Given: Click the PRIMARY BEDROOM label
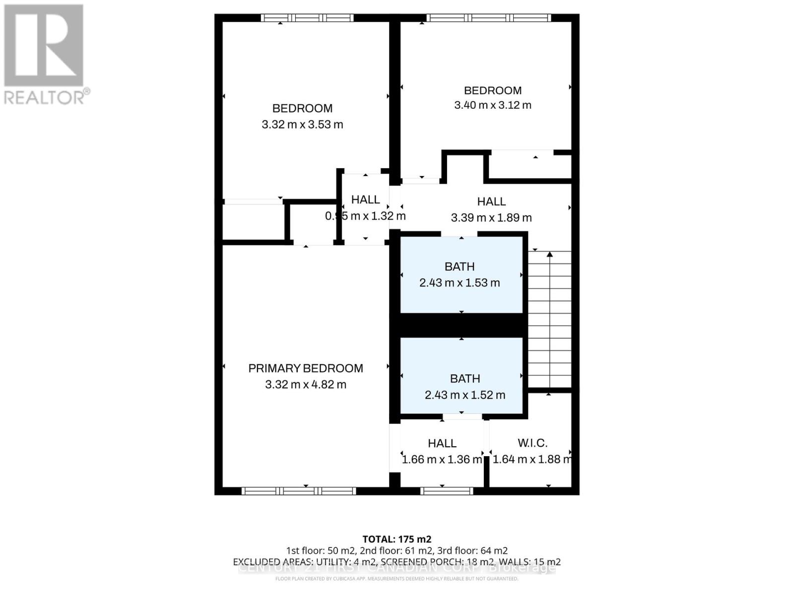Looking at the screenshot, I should (305, 368).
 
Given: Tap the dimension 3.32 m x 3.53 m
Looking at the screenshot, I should (302, 124).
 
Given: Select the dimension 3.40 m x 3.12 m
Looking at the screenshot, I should (493, 105).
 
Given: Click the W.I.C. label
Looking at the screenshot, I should (532, 443).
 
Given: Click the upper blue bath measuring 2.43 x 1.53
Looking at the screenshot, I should (461, 275).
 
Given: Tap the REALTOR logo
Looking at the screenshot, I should (45, 55).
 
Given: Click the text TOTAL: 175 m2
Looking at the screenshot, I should (397, 539).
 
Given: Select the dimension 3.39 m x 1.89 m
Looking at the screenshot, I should (491, 218).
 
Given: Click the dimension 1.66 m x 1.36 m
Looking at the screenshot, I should (442, 460).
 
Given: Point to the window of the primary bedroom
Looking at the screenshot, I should (299, 491).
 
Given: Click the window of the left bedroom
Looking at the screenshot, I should (307, 18).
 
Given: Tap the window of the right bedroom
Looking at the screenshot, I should (488, 18).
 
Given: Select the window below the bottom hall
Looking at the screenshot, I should (447, 491).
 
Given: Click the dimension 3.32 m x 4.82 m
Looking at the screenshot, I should (306, 385).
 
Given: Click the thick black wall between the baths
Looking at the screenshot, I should (461, 325).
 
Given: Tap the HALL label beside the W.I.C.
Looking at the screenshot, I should (442, 443).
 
